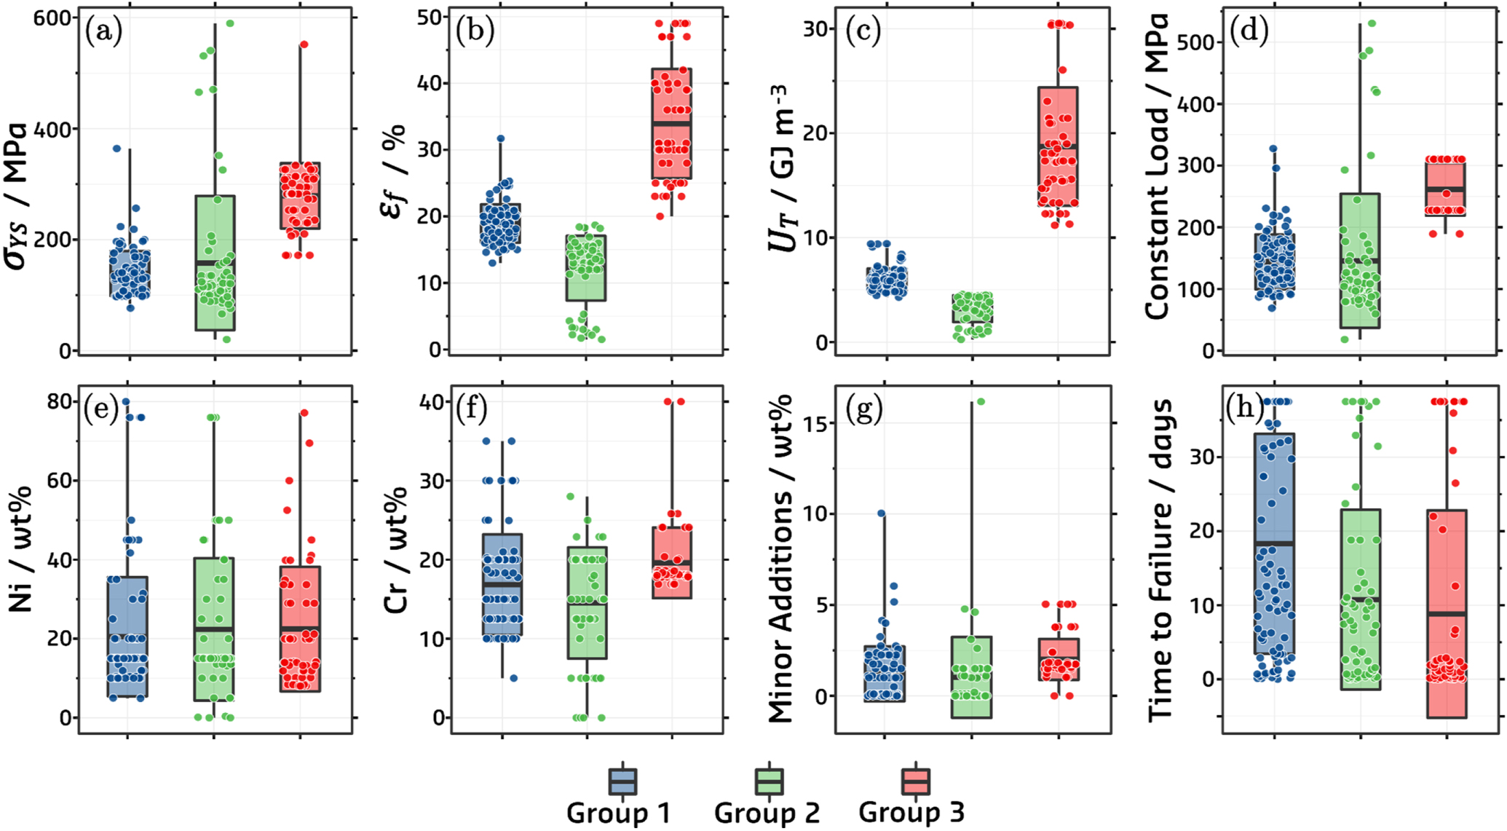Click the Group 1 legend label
click(x=618, y=813)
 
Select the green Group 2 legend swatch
click(x=769, y=781)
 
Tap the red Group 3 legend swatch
click(x=915, y=781)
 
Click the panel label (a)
click(x=103, y=31)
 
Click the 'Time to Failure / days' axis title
click(x=1162, y=560)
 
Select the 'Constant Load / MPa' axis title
click(x=1158, y=166)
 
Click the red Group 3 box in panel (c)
click(x=1058, y=147)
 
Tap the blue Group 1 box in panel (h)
click(x=1274, y=544)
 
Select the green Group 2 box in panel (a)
click(x=215, y=263)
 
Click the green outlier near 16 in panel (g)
click(x=981, y=402)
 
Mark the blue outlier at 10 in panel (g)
click(x=881, y=513)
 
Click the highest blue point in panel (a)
click(x=116, y=149)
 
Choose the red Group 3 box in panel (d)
click(x=1445, y=189)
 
